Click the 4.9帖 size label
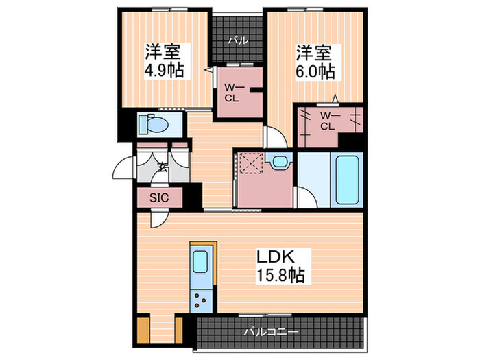pos(163,71)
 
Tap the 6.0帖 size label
pos(315,71)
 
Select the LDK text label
pos(276,257)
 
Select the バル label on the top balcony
pos(238,40)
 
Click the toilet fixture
pos(154,124)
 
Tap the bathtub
pos(346,180)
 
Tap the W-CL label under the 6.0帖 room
pos(328,121)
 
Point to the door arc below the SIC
pos(157,218)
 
